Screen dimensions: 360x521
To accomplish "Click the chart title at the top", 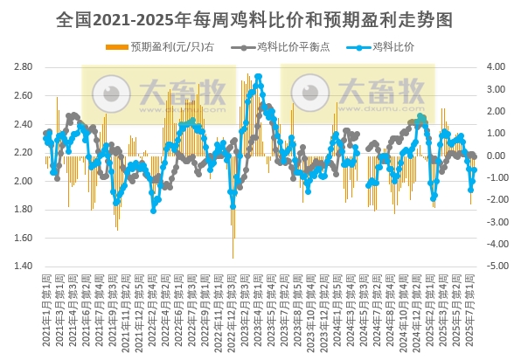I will [x=260, y=17].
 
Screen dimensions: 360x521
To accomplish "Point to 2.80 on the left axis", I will [x=24, y=67].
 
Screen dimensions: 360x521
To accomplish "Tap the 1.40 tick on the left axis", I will [x=24, y=267].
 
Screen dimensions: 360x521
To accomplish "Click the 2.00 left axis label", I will [x=24, y=181].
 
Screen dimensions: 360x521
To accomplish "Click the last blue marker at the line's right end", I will [x=474, y=170].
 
